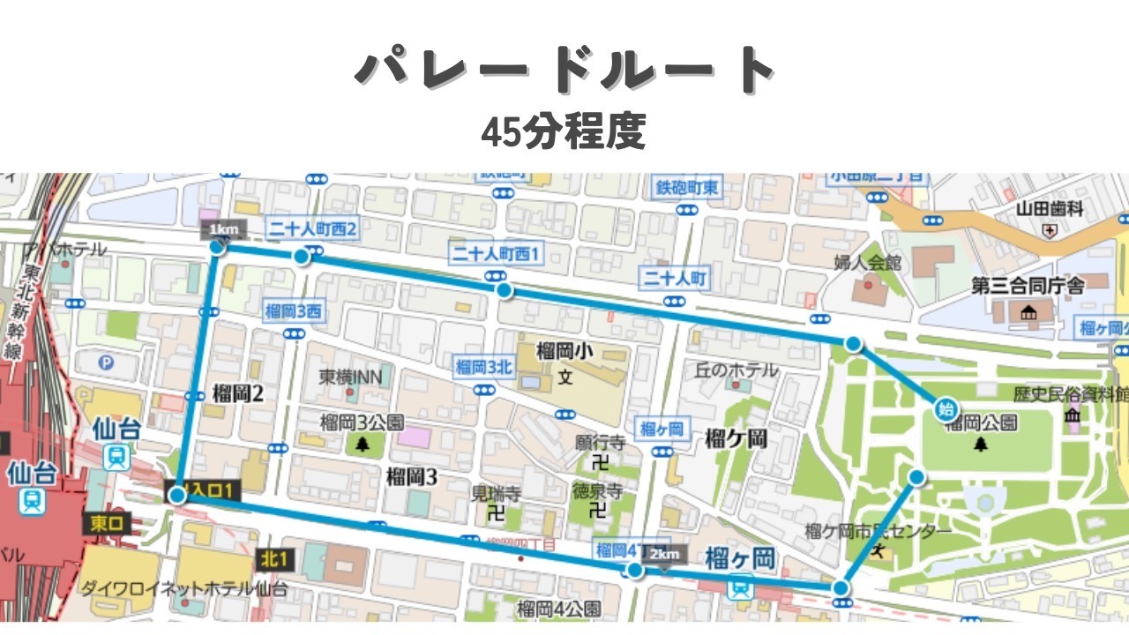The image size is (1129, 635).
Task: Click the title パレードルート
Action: coord(564,71)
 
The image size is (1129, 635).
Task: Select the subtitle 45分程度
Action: coord(564,132)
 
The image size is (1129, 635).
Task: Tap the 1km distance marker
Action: coord(221,230)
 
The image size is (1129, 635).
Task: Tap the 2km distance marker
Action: coord(665,554)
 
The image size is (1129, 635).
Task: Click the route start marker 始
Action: coord(946,408)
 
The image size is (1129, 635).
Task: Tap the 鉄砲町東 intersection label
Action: coord(687,187)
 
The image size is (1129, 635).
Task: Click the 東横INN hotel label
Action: coord(350,377)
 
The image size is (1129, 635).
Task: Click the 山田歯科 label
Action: coord(1050,209)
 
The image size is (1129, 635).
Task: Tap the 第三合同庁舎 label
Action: coord(1028,286)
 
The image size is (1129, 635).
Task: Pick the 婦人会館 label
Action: coord(868,262)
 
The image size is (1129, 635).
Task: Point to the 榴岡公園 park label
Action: coord(980,424)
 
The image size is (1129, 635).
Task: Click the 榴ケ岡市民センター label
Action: coord(878,532)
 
